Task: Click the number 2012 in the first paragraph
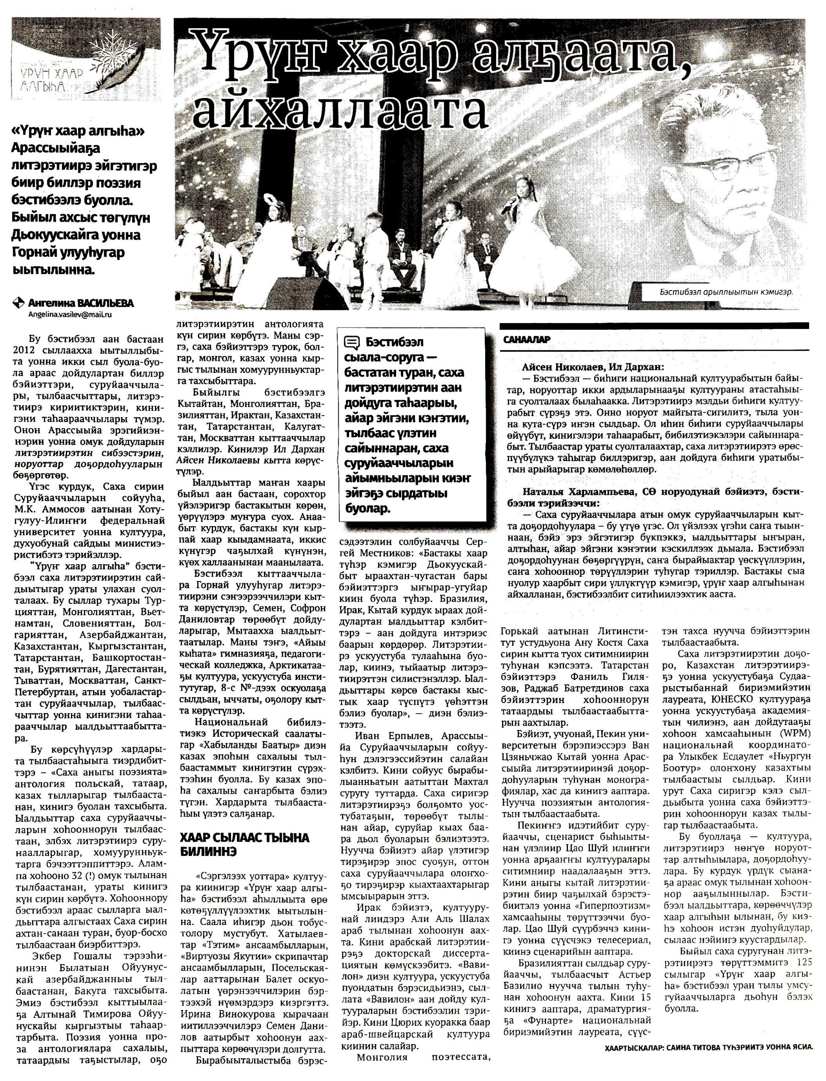[26, 350]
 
